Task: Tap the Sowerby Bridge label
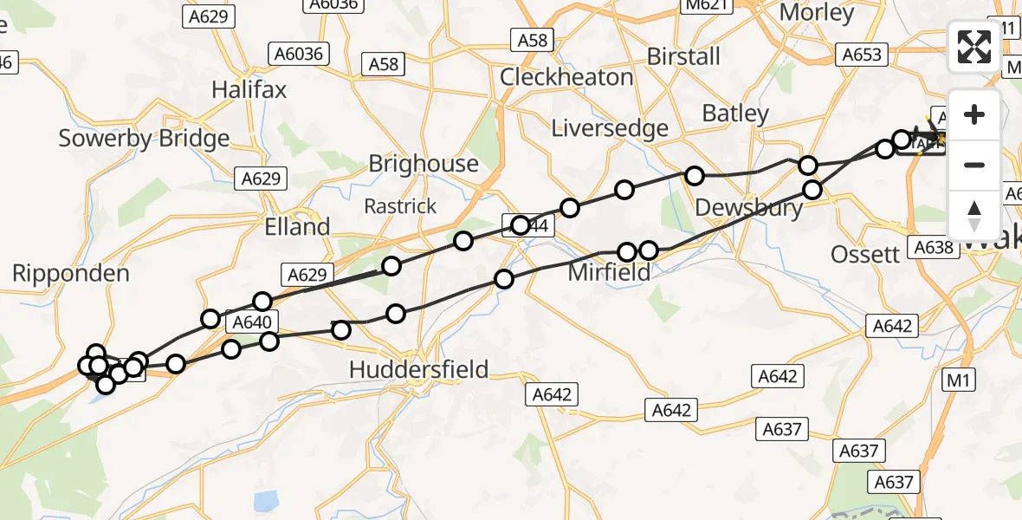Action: (144, 138)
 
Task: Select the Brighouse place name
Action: (423, 164)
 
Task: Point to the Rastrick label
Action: (400, 207)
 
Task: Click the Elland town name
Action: (298, 227)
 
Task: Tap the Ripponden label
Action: (71, 274)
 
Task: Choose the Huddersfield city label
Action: (419, 370)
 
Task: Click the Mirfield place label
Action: (609, 274)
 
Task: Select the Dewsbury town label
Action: (749, 209)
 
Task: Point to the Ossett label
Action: (865, 255)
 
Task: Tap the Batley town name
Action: (735, 114)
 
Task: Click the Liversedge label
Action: (611, 129)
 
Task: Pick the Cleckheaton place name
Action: (566, 77)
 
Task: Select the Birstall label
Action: (684, 56)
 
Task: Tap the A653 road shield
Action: (863, 55)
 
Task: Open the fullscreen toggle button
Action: (974, 47)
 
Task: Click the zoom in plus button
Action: (974, 114)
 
